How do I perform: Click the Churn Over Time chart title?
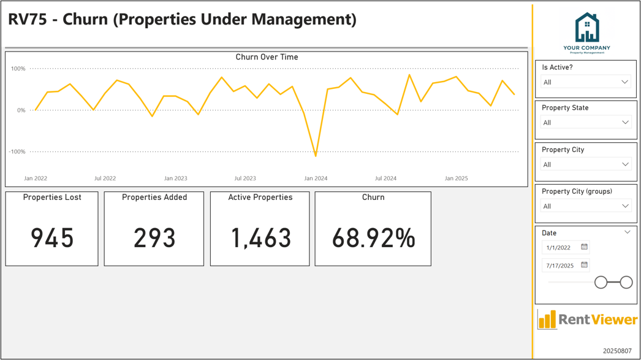[x=267, y=57]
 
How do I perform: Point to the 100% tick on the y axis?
[x=18, y=69]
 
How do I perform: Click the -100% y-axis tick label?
[x=17, y=151]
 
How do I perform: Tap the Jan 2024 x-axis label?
[x=316, y=178]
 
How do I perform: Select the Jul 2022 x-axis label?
[x=105, y=178]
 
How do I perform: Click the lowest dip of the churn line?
[x=316, y=155]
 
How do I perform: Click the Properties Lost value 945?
[x=52, y=238]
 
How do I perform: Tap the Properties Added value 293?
[x=154, y=238]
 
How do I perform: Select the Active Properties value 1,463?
[x=261, y=238]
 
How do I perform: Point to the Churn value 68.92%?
[x=373, y=238]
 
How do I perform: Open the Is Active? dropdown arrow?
[x=624, y=82]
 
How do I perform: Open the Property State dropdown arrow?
[x=625, y=122]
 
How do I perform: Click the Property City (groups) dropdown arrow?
[x=625, y=206]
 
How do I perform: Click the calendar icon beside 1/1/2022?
[x=584, y=247]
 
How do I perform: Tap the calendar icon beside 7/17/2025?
[x=584, y=265]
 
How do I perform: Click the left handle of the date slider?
[x=601, y=282]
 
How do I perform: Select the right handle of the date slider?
[x=626, y=282]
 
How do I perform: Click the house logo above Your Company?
[x=587, y=28]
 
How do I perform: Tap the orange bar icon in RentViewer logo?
[x=547, y=320]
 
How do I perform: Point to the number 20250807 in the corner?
[x=617, y=351]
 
